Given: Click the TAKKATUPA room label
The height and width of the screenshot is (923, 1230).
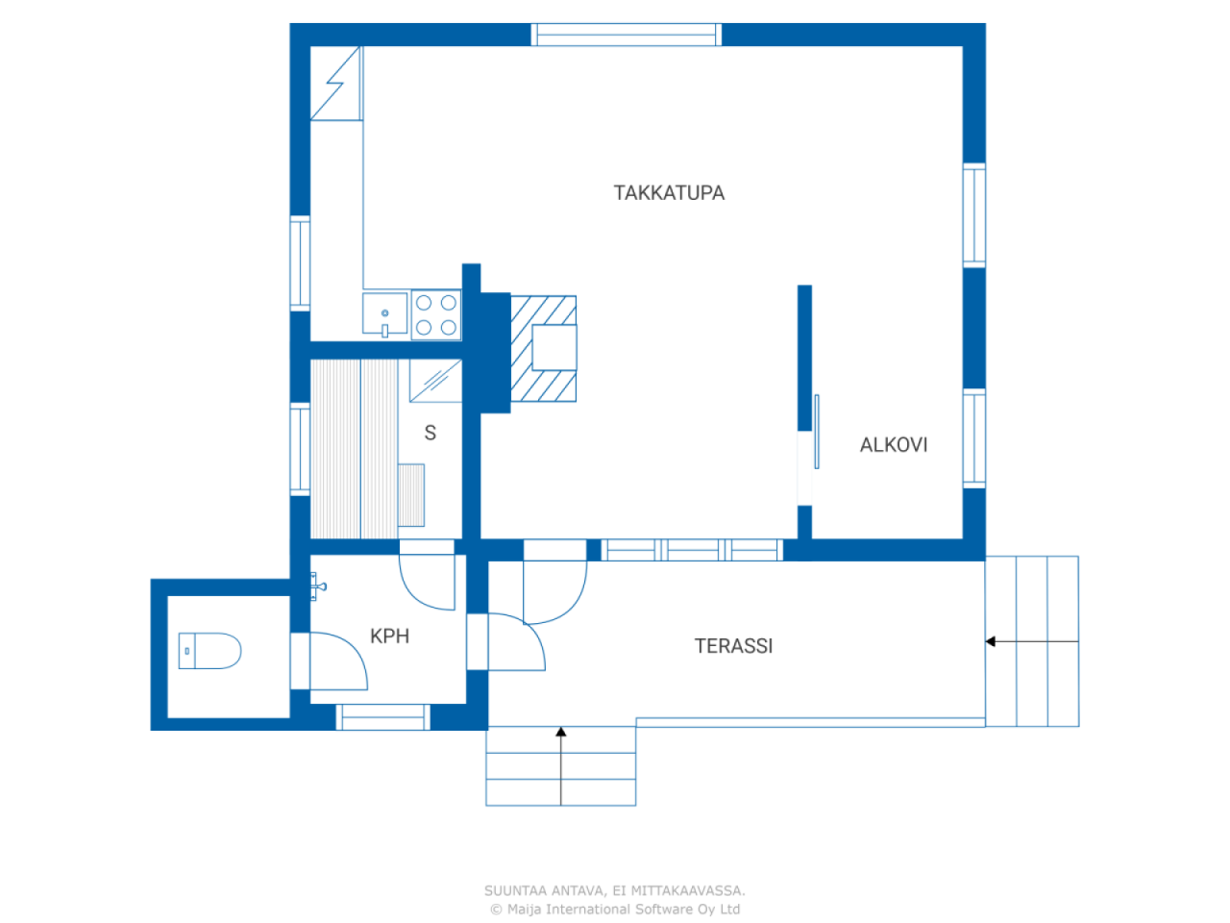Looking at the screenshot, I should pos(669,192).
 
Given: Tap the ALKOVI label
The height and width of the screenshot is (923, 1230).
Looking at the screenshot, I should pos(893,444).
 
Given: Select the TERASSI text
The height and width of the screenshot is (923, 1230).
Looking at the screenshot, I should pos(733,646).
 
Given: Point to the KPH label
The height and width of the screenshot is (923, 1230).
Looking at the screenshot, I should pos(389,636).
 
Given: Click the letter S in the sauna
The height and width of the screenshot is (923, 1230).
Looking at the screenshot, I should pos(430,434).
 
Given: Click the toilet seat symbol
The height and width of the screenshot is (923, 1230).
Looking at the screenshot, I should pos(209,651).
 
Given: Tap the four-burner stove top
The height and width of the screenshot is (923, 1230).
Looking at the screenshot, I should pos(436,315).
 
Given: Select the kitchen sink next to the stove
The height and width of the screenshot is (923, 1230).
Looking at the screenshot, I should pos(386,314).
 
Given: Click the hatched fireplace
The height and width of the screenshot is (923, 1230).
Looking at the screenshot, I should pos(544,348).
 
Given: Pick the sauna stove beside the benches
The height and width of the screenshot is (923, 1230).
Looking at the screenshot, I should pos(411,495).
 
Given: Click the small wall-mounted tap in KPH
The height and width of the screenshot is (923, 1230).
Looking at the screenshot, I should pos(317,585).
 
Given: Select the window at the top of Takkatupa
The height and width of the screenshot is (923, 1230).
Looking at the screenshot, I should pos(626,35).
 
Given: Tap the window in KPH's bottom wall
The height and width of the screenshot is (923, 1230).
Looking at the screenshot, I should pos(381,717).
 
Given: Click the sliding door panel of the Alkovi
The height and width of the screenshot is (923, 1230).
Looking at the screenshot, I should pos(816,433).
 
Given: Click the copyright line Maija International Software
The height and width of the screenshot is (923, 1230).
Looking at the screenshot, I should pos(615,909).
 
